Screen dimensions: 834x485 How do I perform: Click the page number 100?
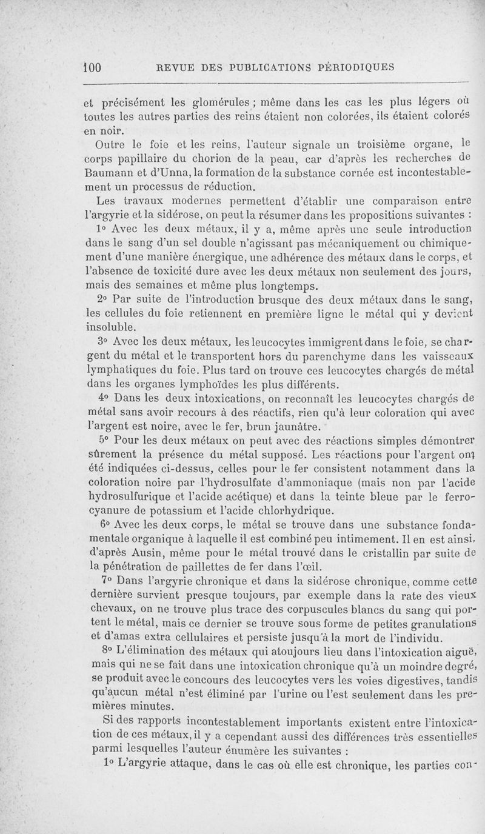(93, 67)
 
